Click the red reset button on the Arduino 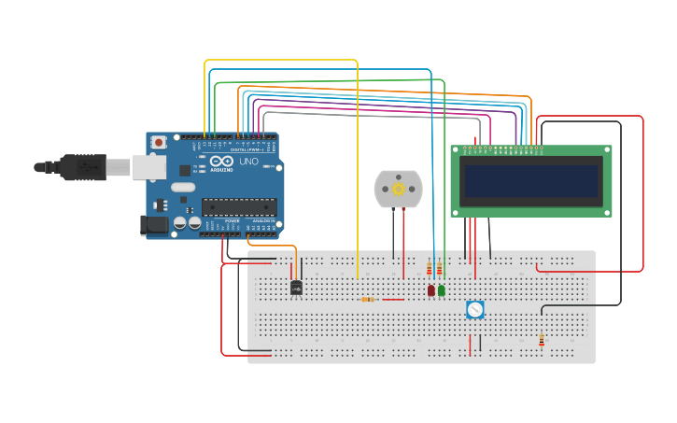159,142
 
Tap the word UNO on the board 248,162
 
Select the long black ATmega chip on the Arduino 238,206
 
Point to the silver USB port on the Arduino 148,167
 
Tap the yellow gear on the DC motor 399,189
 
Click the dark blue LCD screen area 531,181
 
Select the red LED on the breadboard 430,290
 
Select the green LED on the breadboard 442,290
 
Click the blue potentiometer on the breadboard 475,309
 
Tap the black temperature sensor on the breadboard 296,288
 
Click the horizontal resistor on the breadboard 369,300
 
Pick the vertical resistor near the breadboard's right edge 542,341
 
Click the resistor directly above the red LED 430,269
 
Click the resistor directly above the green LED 440,269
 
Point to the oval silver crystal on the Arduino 183,187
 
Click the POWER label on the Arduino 233,220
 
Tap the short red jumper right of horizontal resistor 393,300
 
